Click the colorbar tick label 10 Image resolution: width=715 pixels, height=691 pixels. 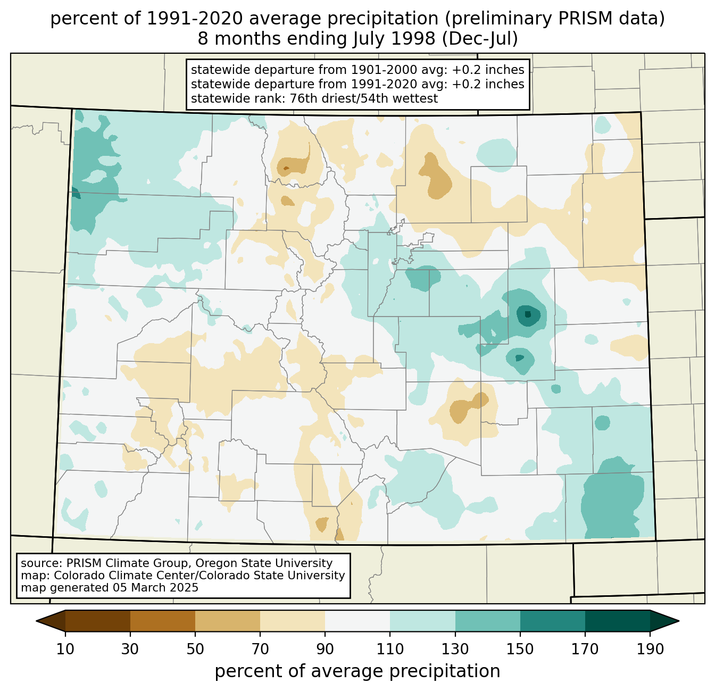(x=65, y=650)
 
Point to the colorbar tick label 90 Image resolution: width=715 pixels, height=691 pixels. (x=325, y=650)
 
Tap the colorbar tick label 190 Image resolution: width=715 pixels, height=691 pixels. (x=650, y=650)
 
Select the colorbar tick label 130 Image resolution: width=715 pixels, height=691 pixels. (x=455, y=650)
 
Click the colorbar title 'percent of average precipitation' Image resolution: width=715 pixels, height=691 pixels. (x=358, y=671)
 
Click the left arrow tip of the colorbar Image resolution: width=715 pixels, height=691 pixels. (x=37, y=621)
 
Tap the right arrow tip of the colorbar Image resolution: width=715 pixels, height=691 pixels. (x=678, y=621)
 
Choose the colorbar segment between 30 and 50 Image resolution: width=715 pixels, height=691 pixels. (x=163, y=621)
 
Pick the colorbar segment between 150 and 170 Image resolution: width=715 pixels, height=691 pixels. (x=553, y=621)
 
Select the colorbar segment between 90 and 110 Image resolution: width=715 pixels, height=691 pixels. (x=358, y=621)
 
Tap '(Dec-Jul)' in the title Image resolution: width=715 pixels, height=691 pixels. (x=480, y=39)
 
